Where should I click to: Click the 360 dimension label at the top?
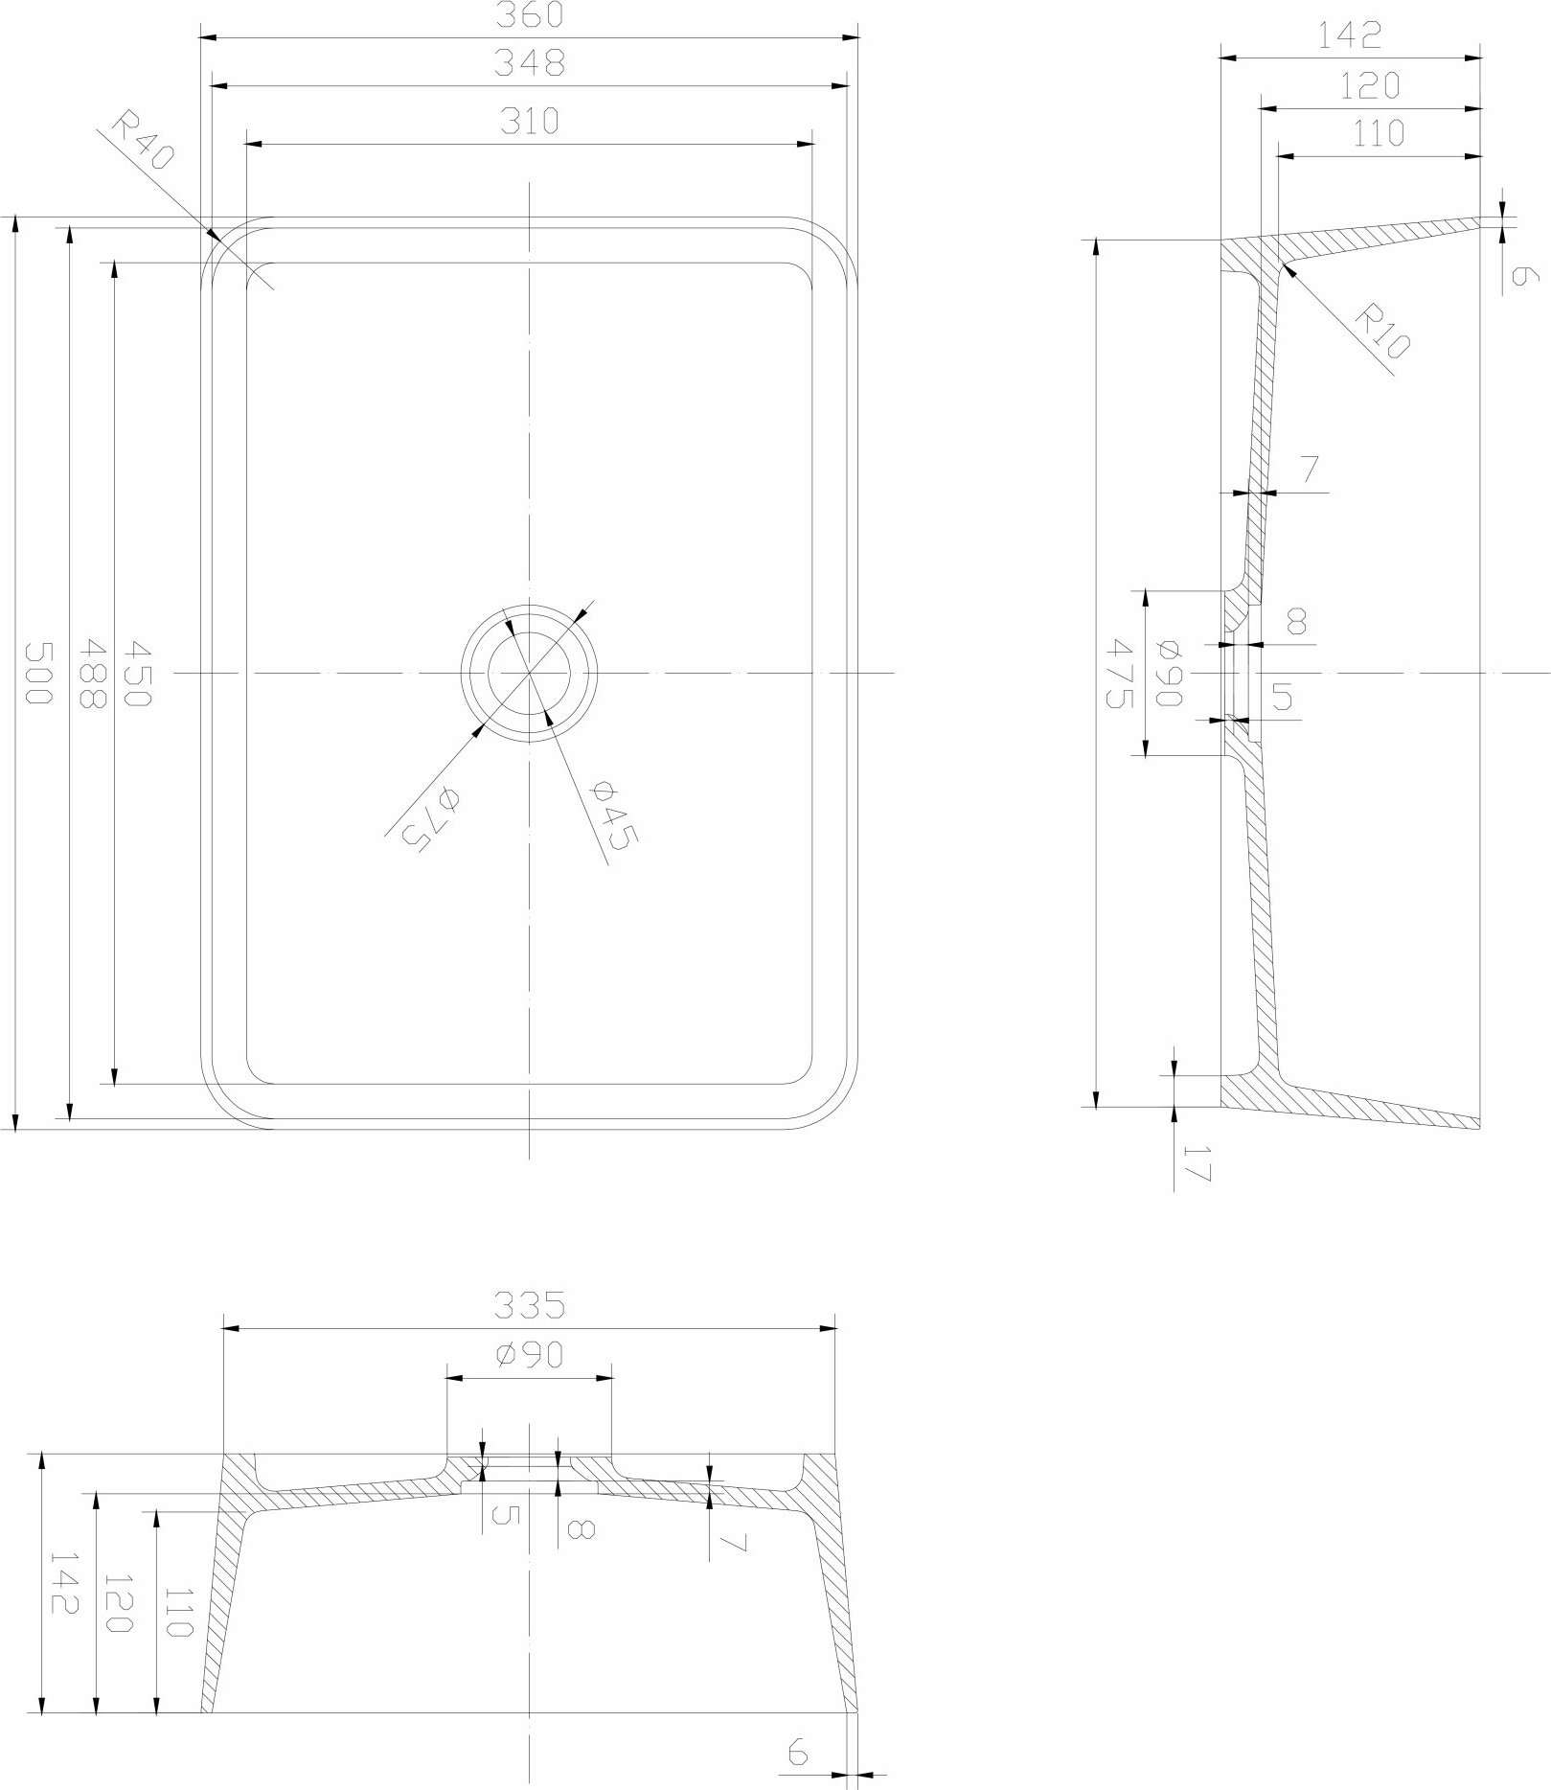[x=530, y=14]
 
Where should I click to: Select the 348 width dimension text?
[x=530, y=63]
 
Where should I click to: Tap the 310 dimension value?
[x=530, y=122]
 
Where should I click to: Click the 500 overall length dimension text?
[x=35, y=673]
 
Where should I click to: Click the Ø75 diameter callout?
[x=424, y=815]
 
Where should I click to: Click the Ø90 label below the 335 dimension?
[x=530, y=1355]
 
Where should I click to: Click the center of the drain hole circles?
[x=530, y=673]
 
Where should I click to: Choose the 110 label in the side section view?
[x=1377, y=133]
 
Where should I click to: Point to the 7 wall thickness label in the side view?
[x=1311, y=470]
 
